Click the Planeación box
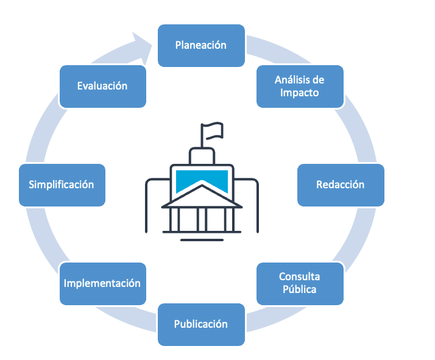[x=201, y=45]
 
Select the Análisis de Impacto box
[x=299, y=86]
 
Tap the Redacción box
[x=340, y=185]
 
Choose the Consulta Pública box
[x=299, y=283]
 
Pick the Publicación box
[x=201, y=324]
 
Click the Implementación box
[x=102, y=283]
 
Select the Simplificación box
[x=62, y=185]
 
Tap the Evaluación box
[x=102, y=86]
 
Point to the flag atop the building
[x=213, y=130]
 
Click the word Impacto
[x=299, y=93]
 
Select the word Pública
[x=299, y=290]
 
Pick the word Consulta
[x=299, y=277]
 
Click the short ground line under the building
[x=202, y=239]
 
